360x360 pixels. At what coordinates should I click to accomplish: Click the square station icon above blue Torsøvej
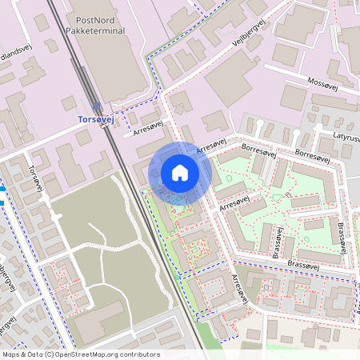(97, 106)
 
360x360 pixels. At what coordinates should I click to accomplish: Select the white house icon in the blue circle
(180, 173)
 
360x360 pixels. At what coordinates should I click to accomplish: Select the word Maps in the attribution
(12, 354)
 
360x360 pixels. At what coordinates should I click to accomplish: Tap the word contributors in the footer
(141, 354)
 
